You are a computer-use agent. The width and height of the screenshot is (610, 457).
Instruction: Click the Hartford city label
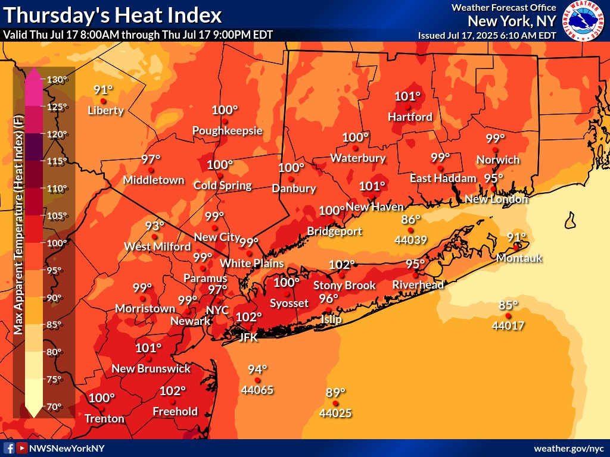pos(410,117)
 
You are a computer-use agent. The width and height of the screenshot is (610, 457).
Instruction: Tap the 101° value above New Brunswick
pos(149,348)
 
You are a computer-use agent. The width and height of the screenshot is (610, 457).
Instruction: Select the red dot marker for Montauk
pos(516,246)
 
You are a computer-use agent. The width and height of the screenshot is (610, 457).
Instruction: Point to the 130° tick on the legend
pos(58,80)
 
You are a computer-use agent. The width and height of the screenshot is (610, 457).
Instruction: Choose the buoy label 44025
pos(335,412)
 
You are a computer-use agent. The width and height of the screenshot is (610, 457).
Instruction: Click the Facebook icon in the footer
pos(9,448)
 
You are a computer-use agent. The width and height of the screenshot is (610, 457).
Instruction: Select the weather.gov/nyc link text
pos(569,448)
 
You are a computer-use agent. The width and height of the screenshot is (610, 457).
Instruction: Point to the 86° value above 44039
pos(411,219)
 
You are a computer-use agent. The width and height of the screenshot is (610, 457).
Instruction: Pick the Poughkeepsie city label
pos(227,130)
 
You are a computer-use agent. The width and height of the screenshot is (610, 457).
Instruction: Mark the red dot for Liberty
pos(103,101)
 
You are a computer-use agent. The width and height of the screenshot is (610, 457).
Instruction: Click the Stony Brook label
pos(344,286)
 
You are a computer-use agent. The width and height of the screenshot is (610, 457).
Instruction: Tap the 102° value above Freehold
pos(173,391)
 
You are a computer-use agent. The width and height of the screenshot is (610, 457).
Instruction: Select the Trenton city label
pos(104,418)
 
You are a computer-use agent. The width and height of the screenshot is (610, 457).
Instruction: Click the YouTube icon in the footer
pos(21,448)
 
